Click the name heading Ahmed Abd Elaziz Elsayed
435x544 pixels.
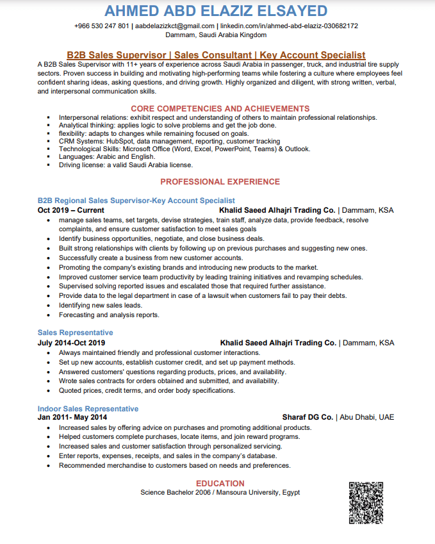pos(216,11)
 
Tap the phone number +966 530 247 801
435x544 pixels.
pos(102,26)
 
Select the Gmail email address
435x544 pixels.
pos(175,26)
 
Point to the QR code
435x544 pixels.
pos(366,502)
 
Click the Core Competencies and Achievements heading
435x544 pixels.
pos(220,108)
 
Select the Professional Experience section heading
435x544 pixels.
pos(220,182)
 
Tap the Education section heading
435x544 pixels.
pos(220,483)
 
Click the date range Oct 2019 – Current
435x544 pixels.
pos(71,210)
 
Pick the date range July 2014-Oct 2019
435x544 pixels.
pos(72,343)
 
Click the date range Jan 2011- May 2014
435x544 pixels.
pos(70,417)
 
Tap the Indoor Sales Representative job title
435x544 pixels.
pos(88,409)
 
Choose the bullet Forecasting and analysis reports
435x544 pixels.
pos(109,315)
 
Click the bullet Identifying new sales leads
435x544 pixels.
pos(100,306)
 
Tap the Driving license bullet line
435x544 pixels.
pos(117,165)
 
